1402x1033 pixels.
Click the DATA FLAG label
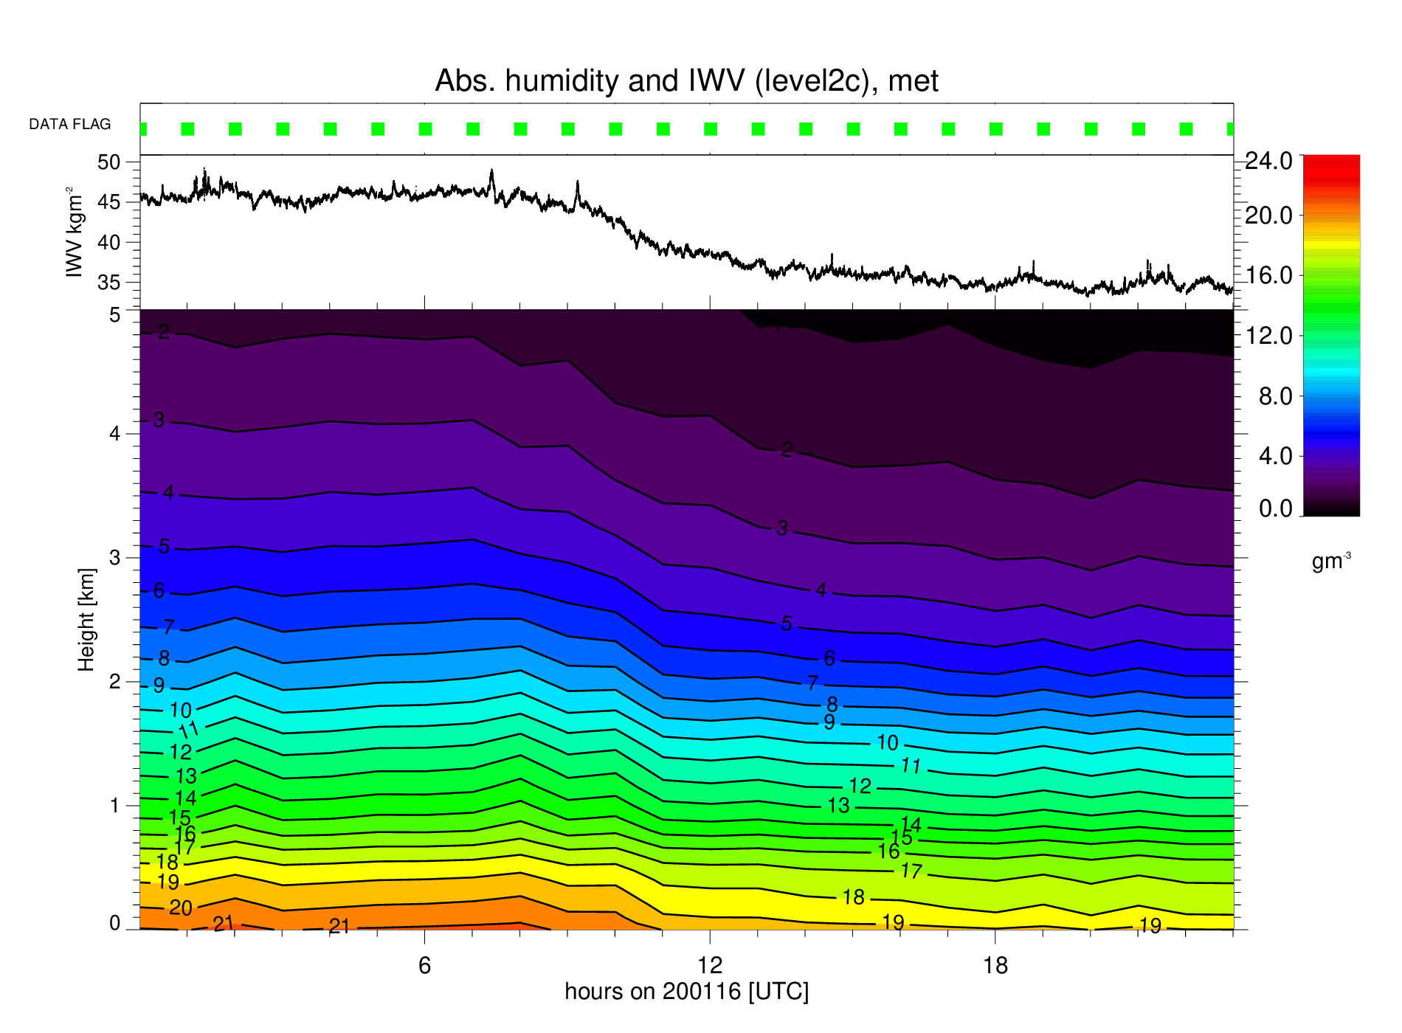(x=70, y=125)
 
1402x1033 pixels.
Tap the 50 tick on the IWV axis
(x=108, y=162)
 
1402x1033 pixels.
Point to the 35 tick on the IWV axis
(x=108, y=283)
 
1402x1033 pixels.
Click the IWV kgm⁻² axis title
(x=75, y=232)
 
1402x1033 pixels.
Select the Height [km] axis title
(x=86, y=620)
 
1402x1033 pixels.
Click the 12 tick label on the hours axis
(x=710, y=965)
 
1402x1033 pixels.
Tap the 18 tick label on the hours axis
(x=995, y=965)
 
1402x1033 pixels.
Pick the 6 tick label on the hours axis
(x=424, y=965)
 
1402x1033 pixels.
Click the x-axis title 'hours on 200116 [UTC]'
(x=687, y=991)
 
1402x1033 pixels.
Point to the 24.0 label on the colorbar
(x=1269, y=161)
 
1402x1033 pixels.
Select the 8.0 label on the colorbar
(x=1276, y=396)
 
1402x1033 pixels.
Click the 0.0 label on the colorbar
(x=1276, y=508)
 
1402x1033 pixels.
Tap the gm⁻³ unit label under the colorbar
(x=1331, y=561)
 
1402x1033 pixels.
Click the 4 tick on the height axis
(x=114, y=433)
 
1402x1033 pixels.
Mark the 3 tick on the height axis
(x=114, y=557)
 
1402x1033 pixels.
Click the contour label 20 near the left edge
(x=181, y=908)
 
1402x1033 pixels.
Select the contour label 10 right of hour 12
(x=887, y=742)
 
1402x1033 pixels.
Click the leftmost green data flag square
(x=143, y=129)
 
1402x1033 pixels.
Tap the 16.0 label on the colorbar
(x=1269, y=275)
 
